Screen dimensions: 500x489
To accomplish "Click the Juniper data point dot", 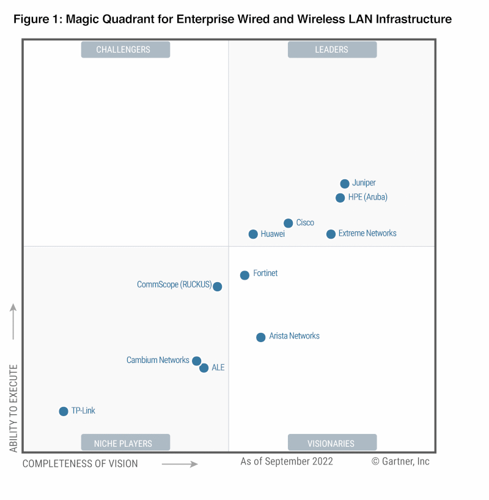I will tap(345, 184).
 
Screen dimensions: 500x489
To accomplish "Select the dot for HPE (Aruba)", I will tap(340, 198).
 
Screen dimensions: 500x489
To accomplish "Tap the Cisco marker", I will tap(289, 223).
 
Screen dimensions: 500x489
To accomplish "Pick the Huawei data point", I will tap(253, 234).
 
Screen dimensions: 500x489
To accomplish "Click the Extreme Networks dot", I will tap(331, 234).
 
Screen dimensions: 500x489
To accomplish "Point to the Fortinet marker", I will tap(244, 275).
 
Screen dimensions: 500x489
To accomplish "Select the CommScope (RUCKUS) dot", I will tap(217, 286).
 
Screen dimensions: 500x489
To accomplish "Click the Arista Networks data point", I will tap(260, 337).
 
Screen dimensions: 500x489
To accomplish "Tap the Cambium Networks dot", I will tap(196, 361).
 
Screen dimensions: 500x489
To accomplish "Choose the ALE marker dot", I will tap(204, 368).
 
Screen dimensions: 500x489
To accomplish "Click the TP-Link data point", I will tap(64, 411).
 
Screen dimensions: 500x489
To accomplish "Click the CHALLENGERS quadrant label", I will tap(125, 50).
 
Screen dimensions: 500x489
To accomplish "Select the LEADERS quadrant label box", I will tap(332, 50).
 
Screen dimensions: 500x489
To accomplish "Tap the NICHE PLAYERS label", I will tap(125, 443).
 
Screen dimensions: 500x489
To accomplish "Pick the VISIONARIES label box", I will tap(332, 443).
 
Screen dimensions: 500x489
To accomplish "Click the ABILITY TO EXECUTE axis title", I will tap(13, 409).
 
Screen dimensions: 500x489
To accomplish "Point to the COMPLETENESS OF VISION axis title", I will tap(80, 464).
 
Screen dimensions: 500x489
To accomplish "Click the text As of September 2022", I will tap(287, 461).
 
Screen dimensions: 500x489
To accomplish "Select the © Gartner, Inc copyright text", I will tap(400, 461).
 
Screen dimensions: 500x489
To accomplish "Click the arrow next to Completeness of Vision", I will tap(180, 465).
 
